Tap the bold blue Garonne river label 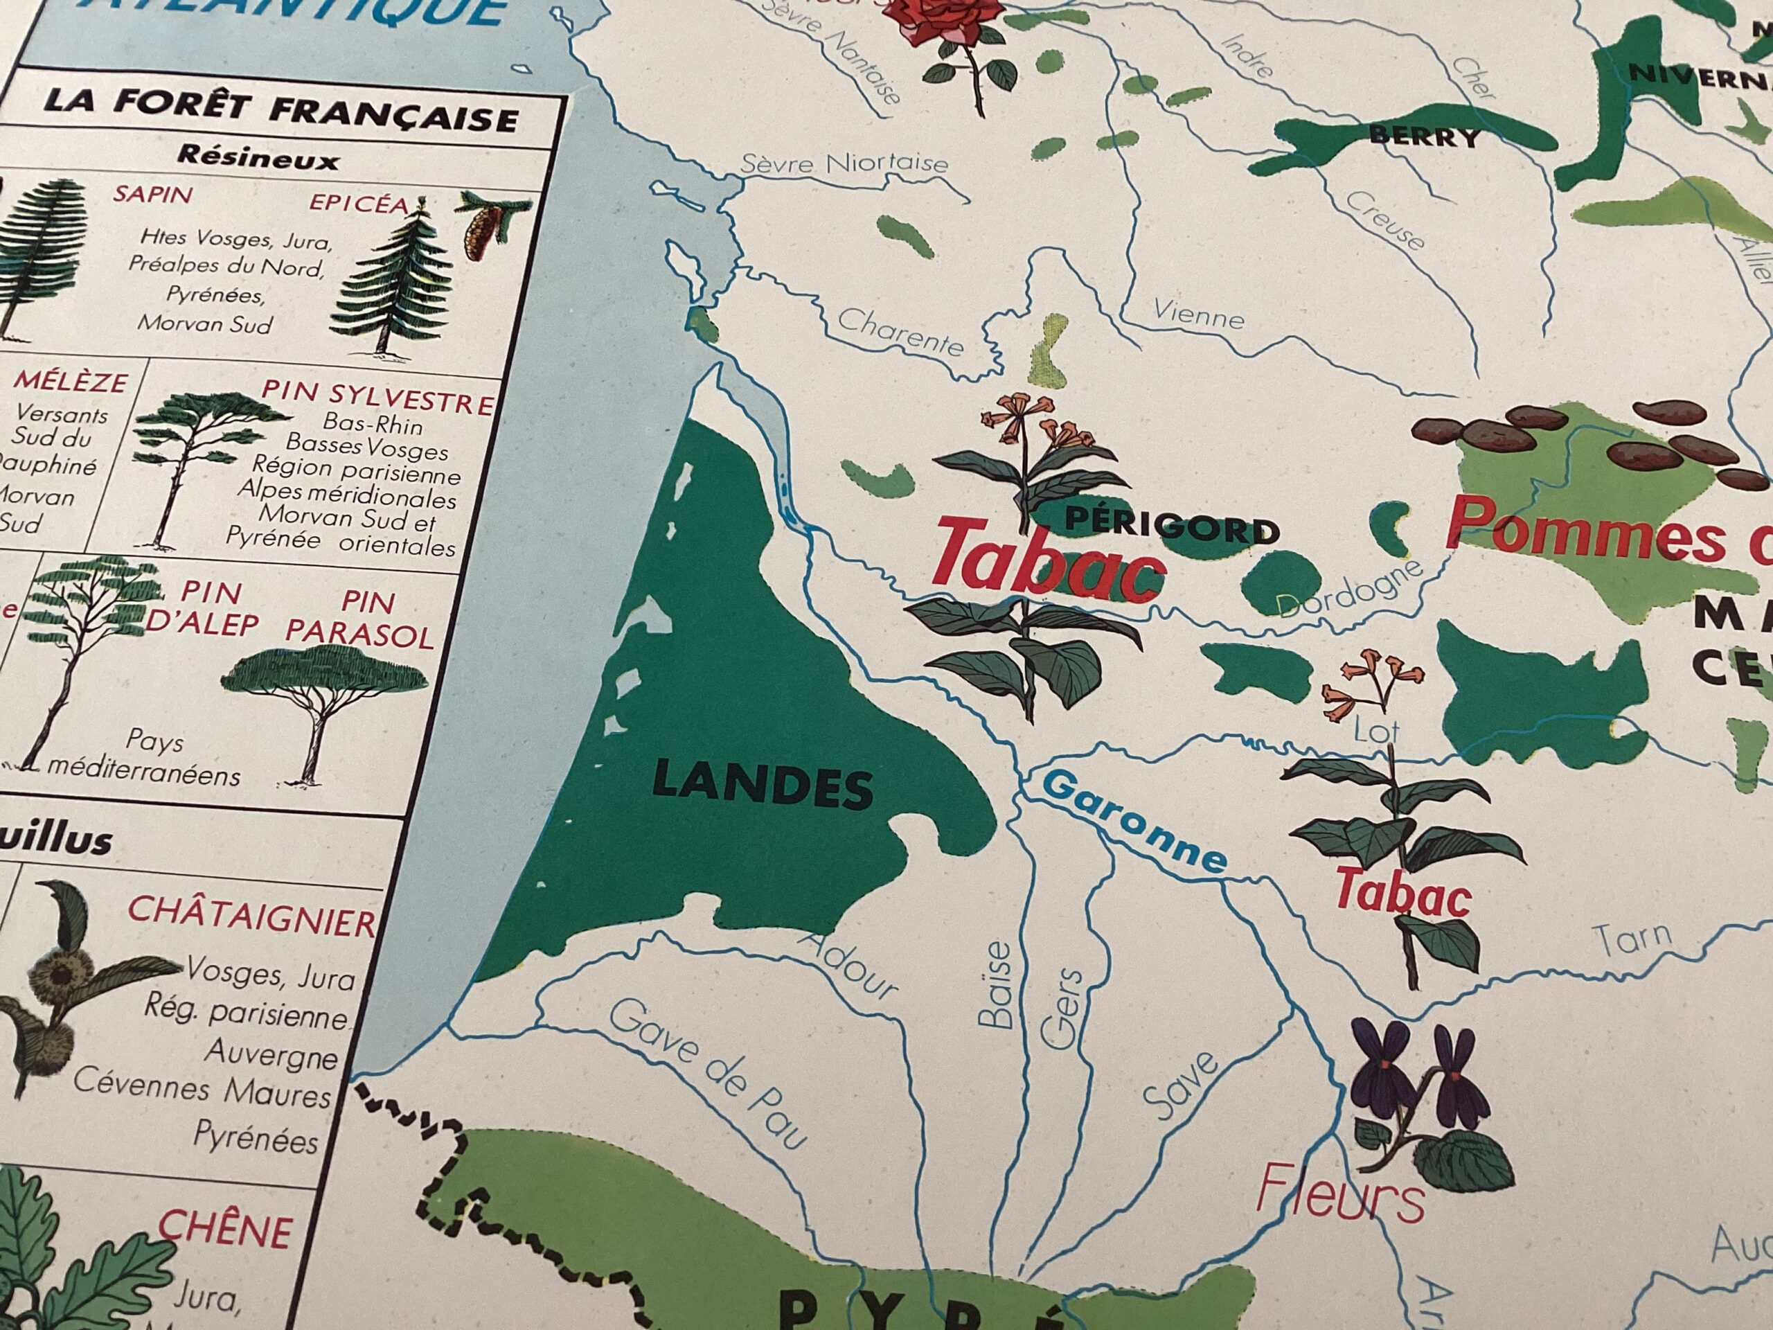click(1135, 822)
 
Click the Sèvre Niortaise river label click(844, 163)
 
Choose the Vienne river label click(1197, 314)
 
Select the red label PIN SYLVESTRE click(377, 396)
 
